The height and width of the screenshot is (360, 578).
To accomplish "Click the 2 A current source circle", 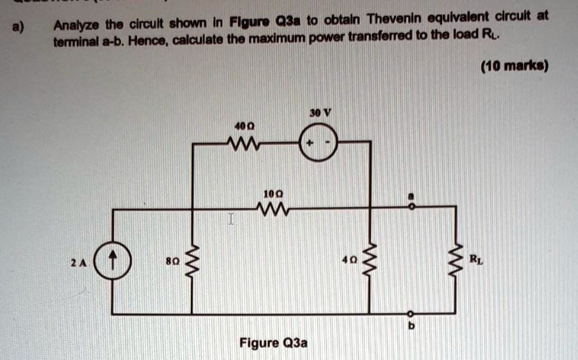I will [x=113, y=261].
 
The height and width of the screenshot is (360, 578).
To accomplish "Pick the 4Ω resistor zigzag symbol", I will [x=369, y=261].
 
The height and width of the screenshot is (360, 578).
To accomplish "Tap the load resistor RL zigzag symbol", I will [x=457, y=261].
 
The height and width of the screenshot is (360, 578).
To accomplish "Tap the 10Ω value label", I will [x=270, y=192].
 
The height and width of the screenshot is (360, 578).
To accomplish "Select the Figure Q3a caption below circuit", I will [x=274, y=343].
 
